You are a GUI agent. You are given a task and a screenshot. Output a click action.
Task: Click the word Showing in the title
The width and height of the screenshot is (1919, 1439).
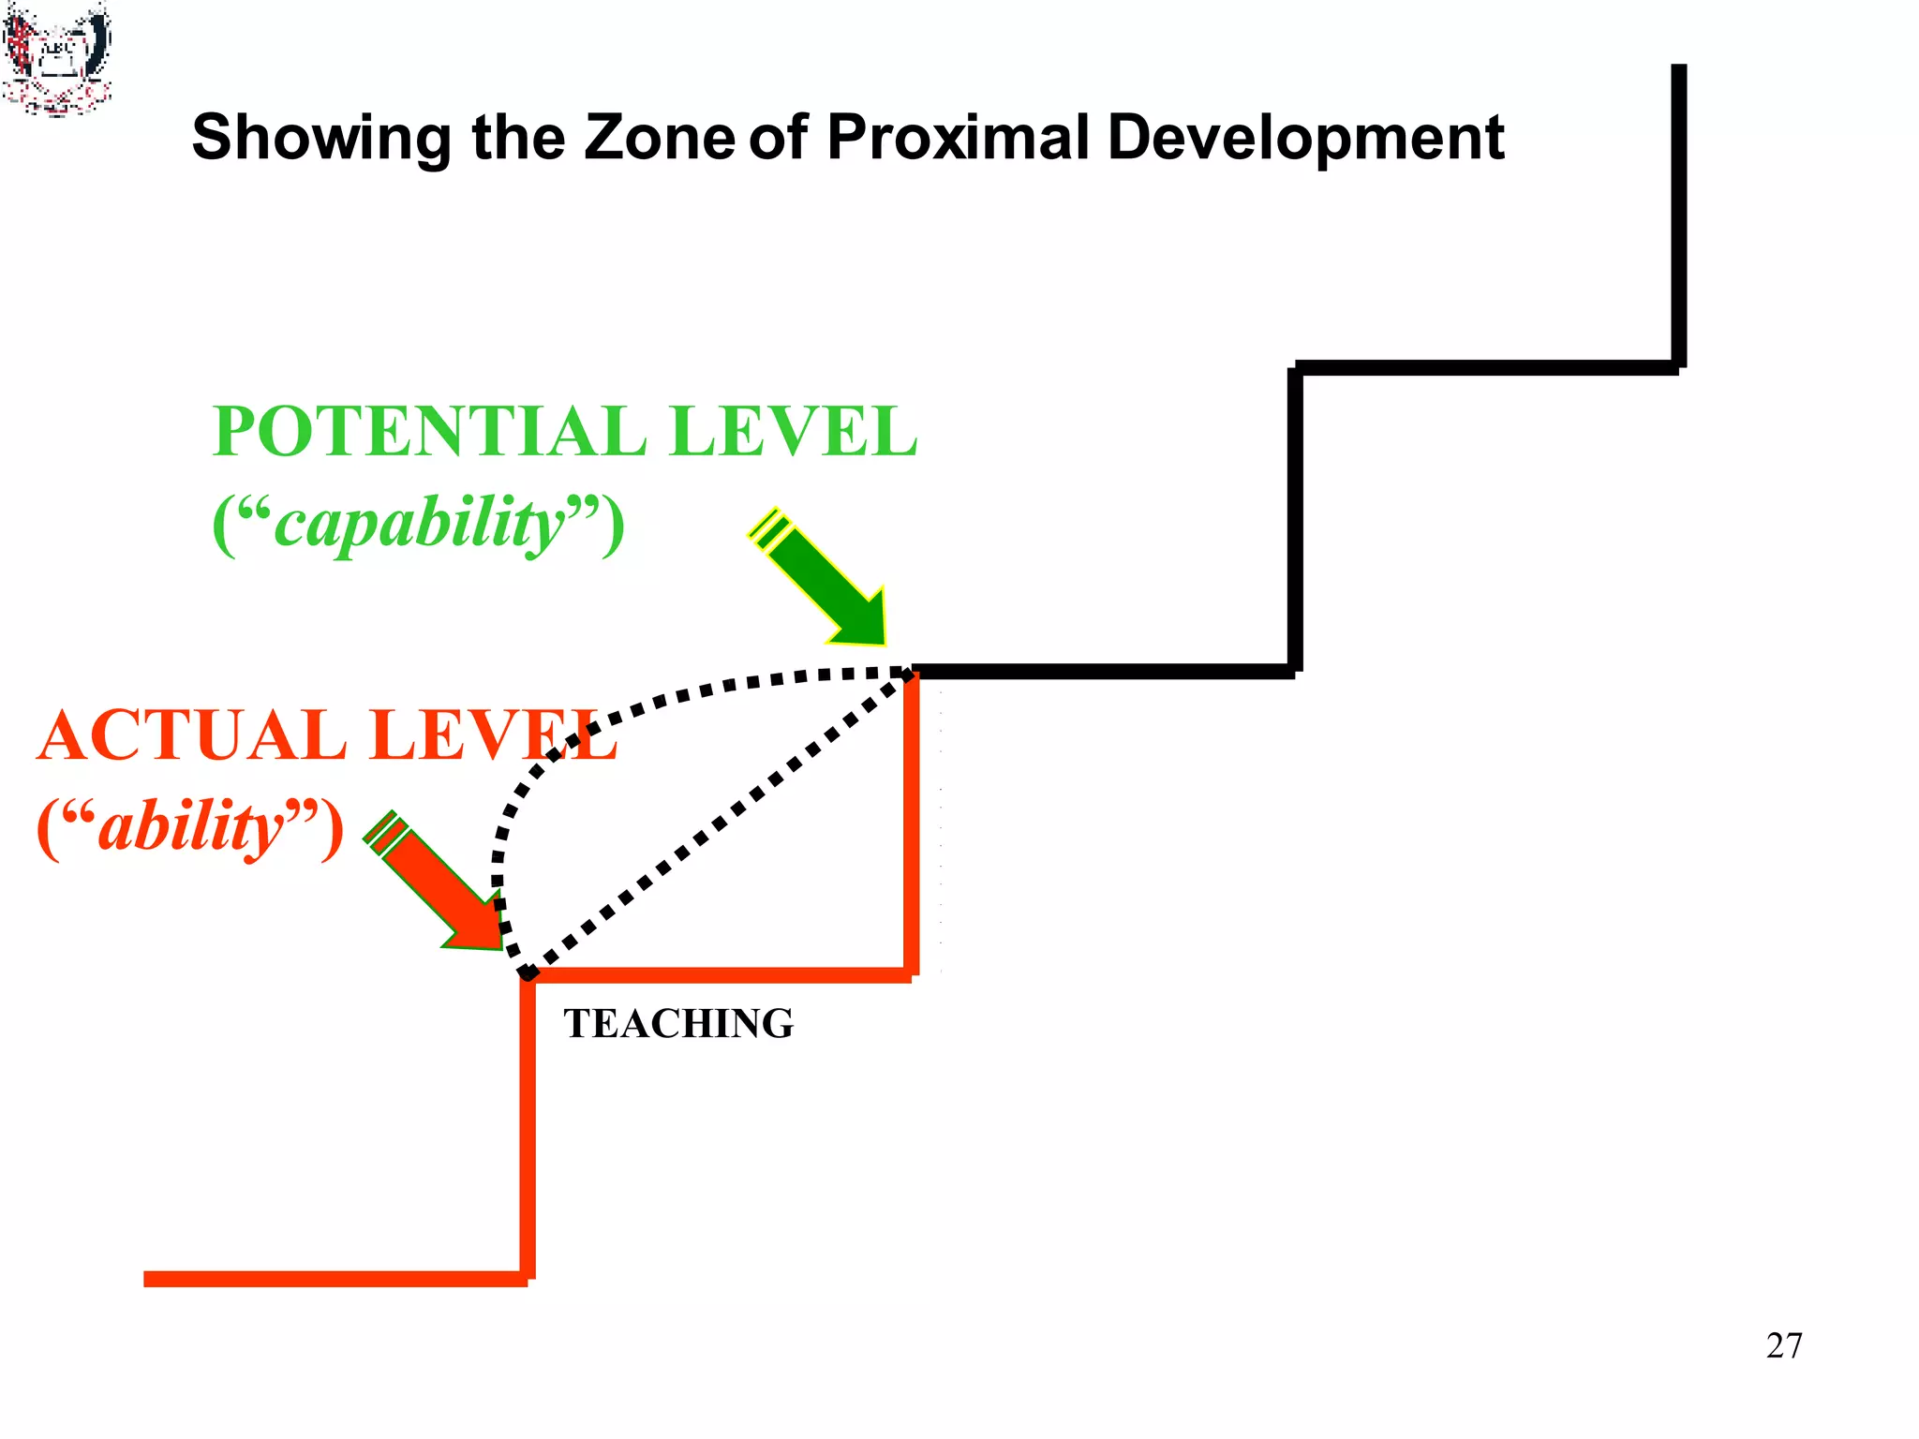pyautogui.click(x=321, y=139)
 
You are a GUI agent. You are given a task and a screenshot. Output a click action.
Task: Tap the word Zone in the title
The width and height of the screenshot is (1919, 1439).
pyautogui.click(x=660, y=137)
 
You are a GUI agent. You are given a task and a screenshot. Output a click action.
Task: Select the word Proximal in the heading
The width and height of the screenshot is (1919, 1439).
pyautogui.click(x=958, y=137)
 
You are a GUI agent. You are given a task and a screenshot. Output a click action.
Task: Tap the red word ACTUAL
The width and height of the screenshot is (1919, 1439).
pyautogui.click(x=192, y=735)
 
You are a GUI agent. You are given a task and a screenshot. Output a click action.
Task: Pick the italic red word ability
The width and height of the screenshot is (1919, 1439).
pyautogui.click(x=191, y=828)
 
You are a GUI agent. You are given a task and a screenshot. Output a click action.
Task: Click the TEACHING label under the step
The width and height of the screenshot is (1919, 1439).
pyautogui.click(x=678, y=1023)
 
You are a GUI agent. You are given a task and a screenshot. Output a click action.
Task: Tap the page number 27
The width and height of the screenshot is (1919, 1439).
pyautogui.click(x=1783, y=1345)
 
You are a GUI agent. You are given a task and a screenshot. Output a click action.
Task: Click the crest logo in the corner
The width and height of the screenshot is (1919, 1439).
pyautogui.click(x=56, y=58)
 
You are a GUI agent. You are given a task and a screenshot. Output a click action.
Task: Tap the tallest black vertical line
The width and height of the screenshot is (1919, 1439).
pyautogui.click(x=1678, y=215)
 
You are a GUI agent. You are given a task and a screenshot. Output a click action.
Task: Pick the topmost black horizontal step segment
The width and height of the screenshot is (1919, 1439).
pyautogui.click(x=1486, y=367)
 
